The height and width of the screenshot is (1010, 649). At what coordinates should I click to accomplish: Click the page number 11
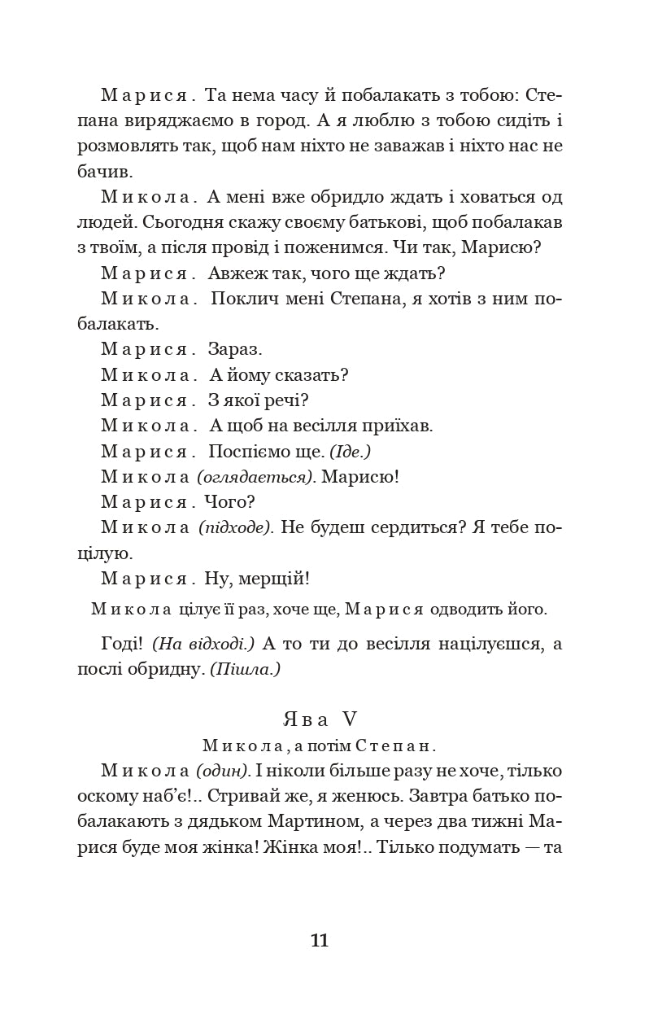[x=319, y=941]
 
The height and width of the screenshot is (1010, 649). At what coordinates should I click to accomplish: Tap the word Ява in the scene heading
[x=305, y=719]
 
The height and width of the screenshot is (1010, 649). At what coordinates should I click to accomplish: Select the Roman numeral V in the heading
[x=350, y=719]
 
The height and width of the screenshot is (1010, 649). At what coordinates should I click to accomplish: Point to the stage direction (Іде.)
[x=350, y=451]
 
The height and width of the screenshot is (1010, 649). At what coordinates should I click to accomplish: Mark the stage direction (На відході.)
[x=203, y=644]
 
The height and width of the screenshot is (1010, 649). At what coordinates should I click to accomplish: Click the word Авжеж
[x=237, y=273]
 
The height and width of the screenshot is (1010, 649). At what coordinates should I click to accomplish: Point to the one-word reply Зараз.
[x=235, y=350]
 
